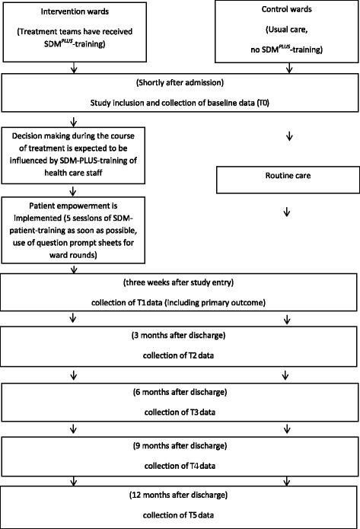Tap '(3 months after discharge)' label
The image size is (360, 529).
tap(180, 336)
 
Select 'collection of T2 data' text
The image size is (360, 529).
tap(180, 355)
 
